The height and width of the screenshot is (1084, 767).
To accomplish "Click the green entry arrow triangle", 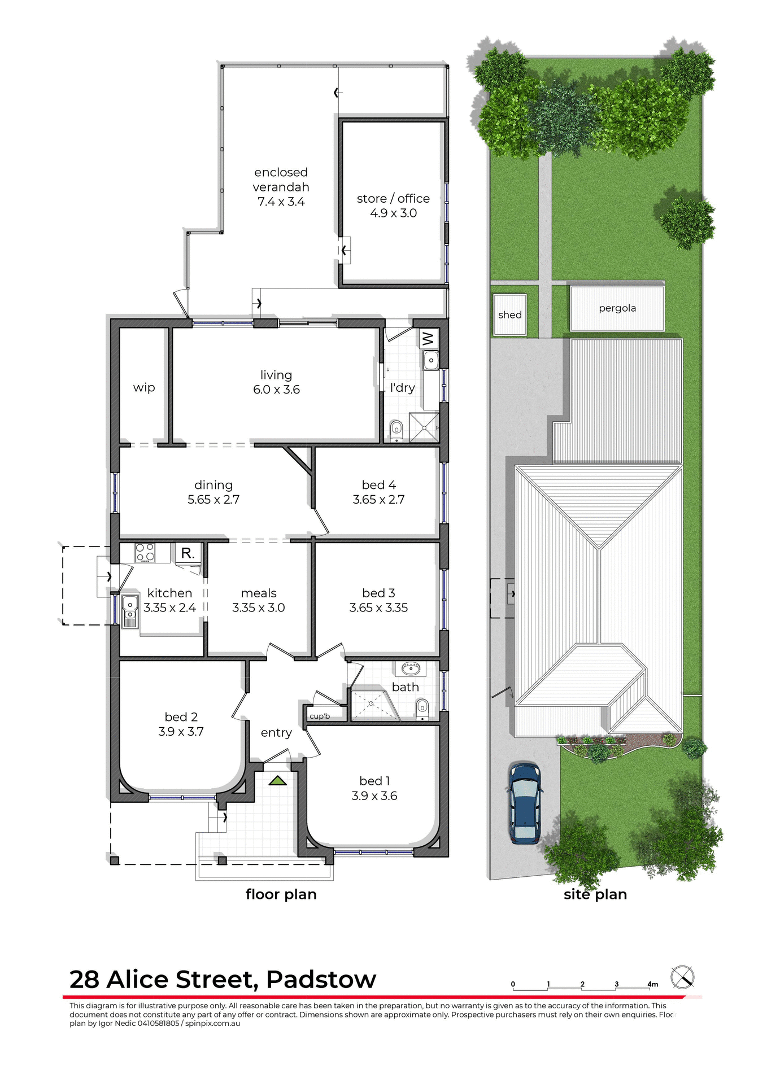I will point(277,781).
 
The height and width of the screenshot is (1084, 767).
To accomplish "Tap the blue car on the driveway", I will point(525,804).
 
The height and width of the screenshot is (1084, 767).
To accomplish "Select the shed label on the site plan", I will point(509,315).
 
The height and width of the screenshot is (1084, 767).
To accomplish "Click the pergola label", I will point(617,308).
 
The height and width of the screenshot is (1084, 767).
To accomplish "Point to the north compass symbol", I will point(682,977).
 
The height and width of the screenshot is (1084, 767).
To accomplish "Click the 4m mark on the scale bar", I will point(653,985).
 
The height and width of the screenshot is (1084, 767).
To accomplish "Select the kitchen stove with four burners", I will point(145,552).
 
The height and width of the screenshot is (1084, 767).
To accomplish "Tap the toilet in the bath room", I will point(422,708).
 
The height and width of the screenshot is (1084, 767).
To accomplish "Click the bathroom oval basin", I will point(411,670).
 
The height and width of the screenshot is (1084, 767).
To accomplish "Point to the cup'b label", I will point(320,716).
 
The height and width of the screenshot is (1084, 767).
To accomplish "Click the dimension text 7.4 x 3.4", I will point(281,202).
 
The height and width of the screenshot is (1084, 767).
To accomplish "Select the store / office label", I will point(393,198).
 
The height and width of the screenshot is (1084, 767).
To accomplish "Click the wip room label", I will point(144,387).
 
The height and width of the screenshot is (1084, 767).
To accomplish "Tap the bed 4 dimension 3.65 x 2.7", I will point(378,500).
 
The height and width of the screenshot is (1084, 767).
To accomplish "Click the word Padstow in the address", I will point(321,980).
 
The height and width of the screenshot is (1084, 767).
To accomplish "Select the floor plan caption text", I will point(281,894).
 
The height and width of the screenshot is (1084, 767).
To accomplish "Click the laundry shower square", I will point(424,427).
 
